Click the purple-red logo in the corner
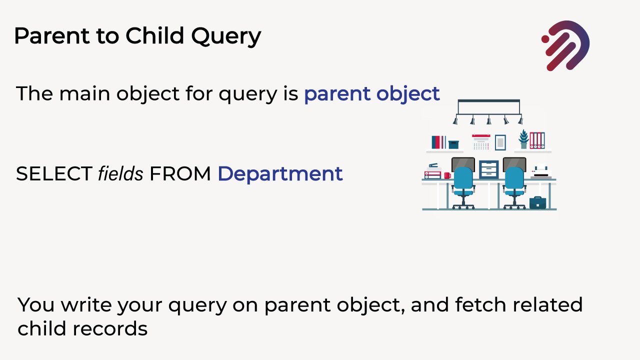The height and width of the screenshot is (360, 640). tap(565, 45)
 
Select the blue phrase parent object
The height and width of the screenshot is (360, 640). tap(371, 94)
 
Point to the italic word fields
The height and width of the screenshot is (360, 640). tap(120, 174)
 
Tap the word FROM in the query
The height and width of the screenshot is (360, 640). tap(180, 174)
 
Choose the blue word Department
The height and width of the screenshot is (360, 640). tap(280, 174)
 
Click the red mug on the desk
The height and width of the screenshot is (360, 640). tap(447, 175)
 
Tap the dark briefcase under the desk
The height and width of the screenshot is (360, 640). tap(537, 202)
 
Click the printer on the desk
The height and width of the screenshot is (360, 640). tap(541, 172)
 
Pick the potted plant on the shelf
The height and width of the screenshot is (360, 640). tap(523, 139)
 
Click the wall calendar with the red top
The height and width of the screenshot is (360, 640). tap(481, 142)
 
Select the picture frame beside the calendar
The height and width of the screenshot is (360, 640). tap(500, 142)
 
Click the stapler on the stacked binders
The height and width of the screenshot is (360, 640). tap(433, 165)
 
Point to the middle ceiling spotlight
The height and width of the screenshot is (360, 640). tap(489, 120)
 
